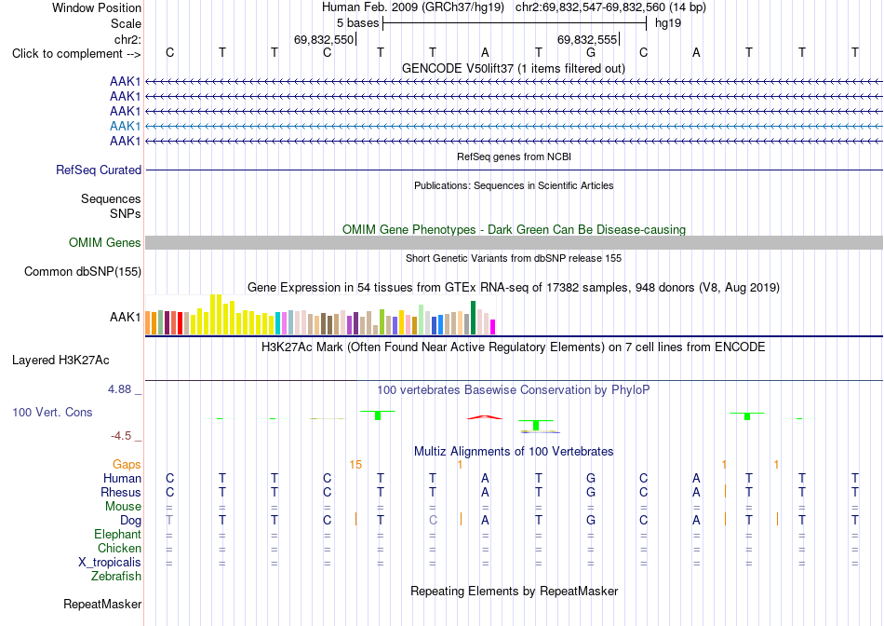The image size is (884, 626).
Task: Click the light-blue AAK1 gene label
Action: tap(126, 126)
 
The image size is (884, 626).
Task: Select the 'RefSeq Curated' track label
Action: tap(99, 170)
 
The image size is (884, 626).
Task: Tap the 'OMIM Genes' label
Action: tap(105, 243)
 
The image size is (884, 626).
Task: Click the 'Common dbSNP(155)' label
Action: tap(83, 271)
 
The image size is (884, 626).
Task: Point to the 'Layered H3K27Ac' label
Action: tap(60, 361)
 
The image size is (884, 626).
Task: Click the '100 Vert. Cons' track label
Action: tap(52, 412)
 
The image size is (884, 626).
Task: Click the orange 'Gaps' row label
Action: tap(127, 464)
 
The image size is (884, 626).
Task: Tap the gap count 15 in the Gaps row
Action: tap(355, 465)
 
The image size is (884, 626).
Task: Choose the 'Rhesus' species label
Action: tap(121, 492)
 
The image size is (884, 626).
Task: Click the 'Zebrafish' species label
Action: tap(116, 577)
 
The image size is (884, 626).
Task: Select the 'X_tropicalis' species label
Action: tap(110, 563)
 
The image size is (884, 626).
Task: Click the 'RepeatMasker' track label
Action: tap(102, 604)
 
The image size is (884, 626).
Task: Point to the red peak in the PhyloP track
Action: tap(485, 417)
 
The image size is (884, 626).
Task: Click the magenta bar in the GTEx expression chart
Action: tap(493, 327)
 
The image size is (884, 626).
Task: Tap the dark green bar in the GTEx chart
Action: tap(474, 318)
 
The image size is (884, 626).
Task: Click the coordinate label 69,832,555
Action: tap(587, 39)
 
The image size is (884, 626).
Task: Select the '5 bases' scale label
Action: tap(358, 23)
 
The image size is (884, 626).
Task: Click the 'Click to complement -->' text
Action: tap(76, 54)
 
